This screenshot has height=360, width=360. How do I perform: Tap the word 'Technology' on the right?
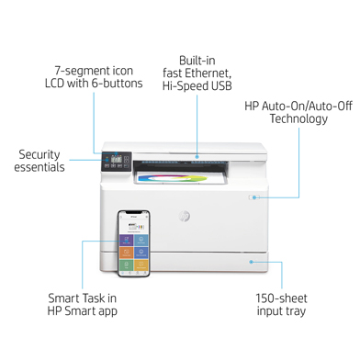tap(298, 119)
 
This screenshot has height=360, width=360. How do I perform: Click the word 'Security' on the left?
tap(39, 154)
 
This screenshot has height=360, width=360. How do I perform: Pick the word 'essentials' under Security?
tap(39, 168)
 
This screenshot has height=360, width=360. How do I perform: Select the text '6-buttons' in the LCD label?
tap(118, 84)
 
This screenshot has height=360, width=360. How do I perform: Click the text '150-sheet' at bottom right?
tap(281, 298)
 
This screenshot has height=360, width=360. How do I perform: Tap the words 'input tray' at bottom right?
tap(281, 312)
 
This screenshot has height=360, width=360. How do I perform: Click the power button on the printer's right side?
tap(253, 197)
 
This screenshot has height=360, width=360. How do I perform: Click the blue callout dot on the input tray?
tap(249, 261)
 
